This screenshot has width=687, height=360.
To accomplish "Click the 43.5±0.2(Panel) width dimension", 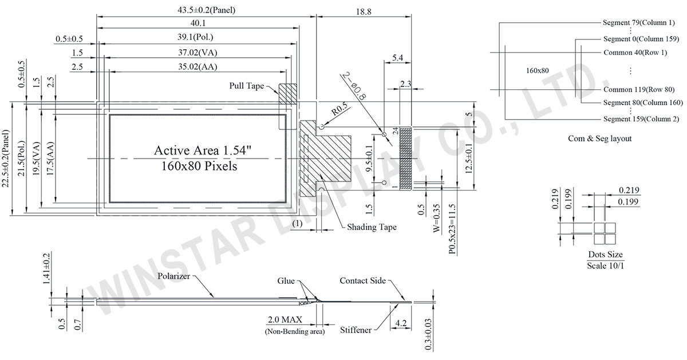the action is tap(207, 10).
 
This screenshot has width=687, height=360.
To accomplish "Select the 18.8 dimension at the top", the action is tap(364, 11).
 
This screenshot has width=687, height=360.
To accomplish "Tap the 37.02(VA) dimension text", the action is tap(198, 53).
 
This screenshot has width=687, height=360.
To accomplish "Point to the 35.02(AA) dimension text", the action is tap(198, 66).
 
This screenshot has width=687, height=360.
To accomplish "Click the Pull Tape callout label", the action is tap(247, 85).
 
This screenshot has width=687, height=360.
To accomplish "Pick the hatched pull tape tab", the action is tap(287, 94).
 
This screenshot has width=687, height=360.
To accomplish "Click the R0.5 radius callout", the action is tap(340, 109).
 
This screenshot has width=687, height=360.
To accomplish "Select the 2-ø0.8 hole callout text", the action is tap(354, 86).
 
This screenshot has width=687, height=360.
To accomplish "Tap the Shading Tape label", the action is tap(372, 227).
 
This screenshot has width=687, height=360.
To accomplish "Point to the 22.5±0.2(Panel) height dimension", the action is tap(5, 158).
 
